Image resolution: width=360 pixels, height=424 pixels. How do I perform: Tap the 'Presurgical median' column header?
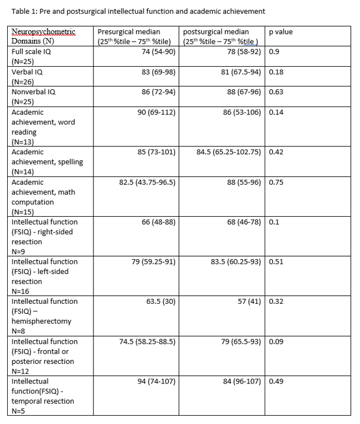click(x=134, y=36)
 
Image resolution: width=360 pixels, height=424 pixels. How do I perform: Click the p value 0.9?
click(x=274, y=52)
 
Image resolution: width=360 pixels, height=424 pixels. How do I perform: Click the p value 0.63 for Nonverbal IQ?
click(x=277, y=92)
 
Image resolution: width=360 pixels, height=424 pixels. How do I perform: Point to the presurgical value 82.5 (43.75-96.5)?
click(x=147, y=182)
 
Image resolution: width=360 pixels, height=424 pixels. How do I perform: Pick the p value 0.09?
click(x=277, y=341)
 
